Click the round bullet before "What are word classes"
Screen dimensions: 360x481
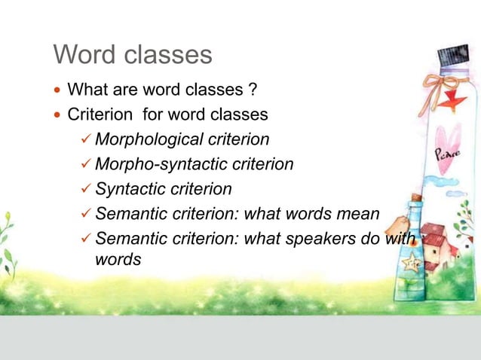coord(57,92)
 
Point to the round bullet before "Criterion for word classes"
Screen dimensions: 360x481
coord(57,116)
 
